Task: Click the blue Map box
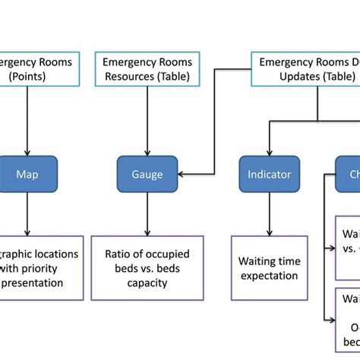(x=27, y=175)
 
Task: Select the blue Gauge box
(x=147, y=175)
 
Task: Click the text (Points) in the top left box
(x=26, y=76)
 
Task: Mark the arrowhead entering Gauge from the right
(x=182, y=175)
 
